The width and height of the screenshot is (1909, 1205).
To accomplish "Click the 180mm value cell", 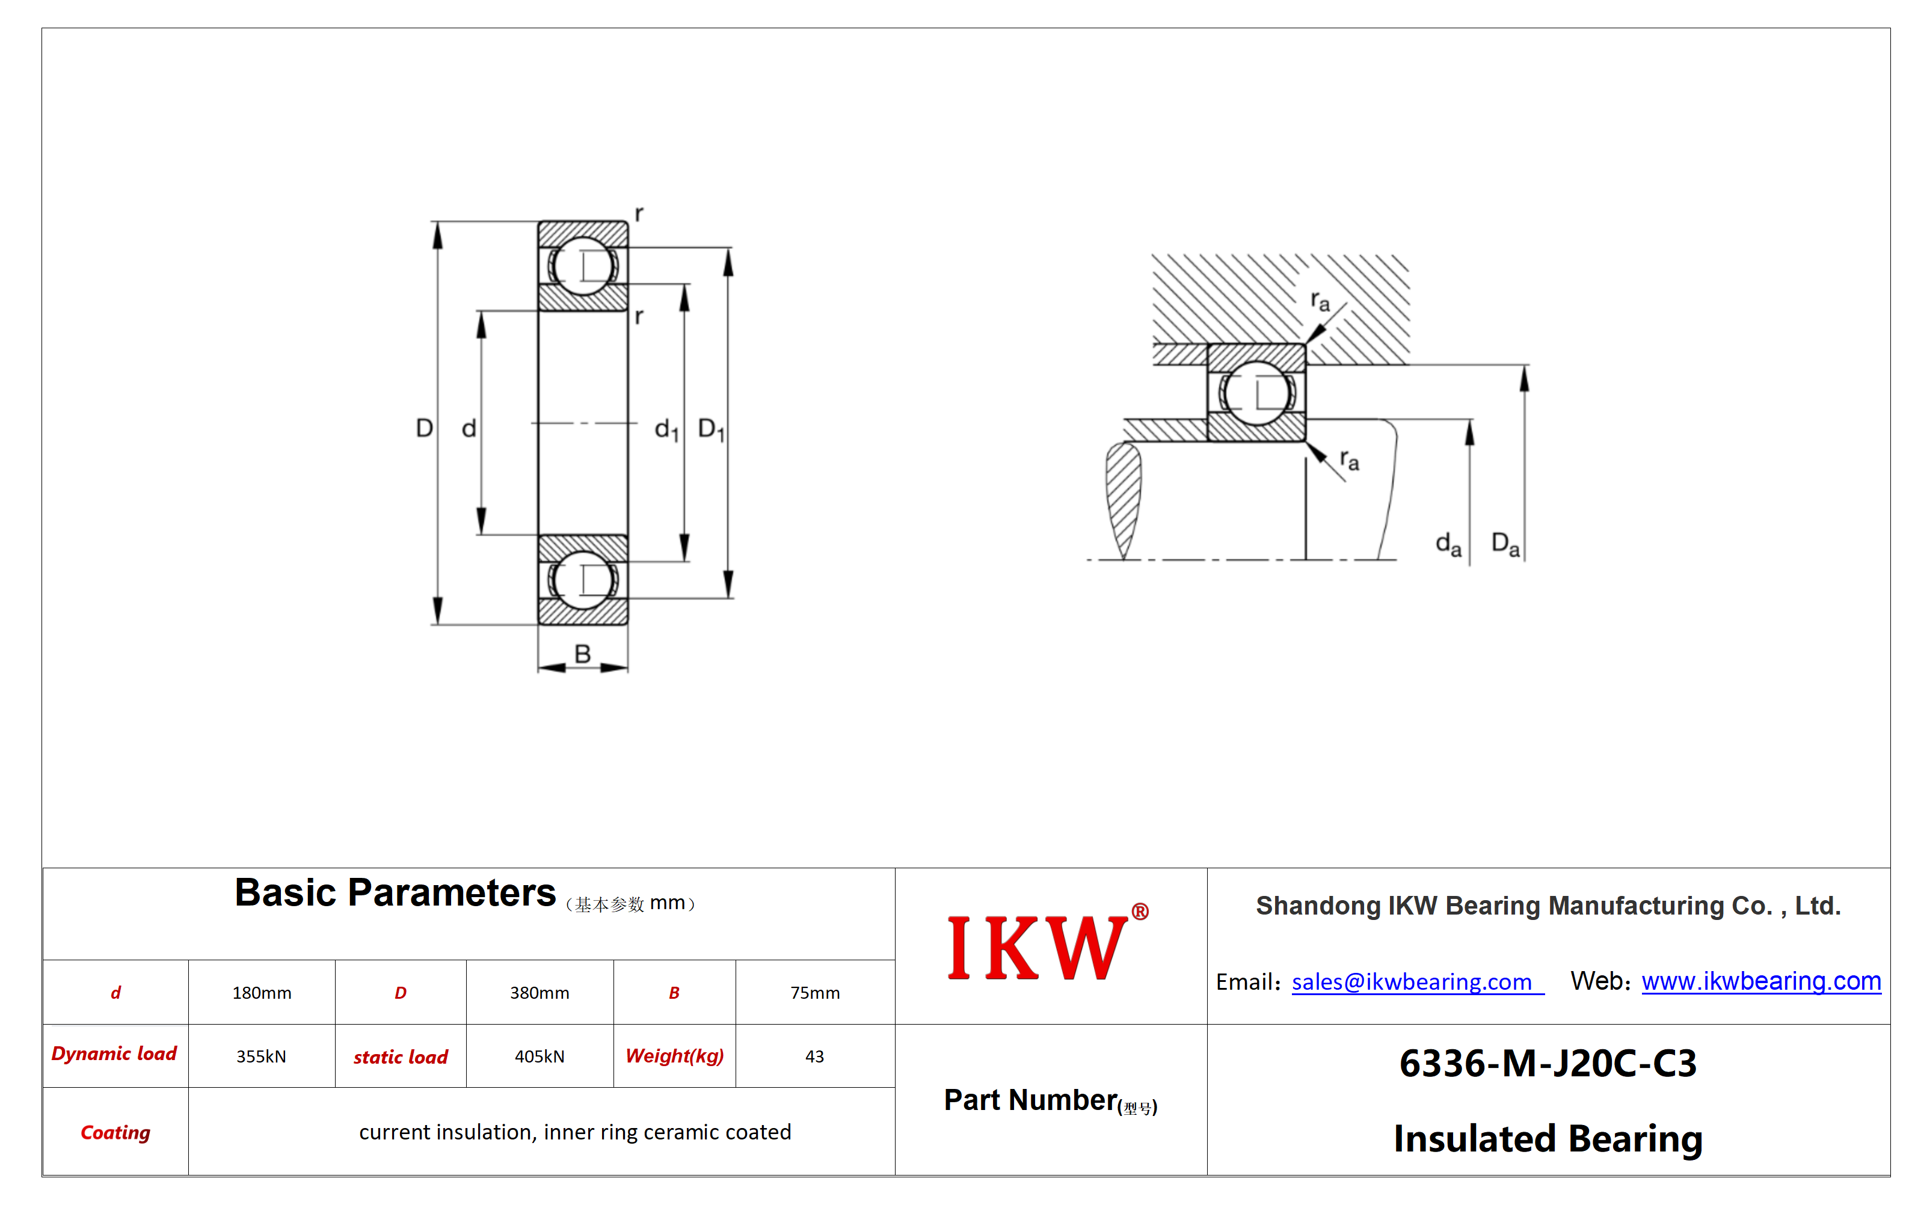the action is tap(262, 993).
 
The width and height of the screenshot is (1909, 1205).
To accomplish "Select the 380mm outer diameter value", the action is tap(539, 993).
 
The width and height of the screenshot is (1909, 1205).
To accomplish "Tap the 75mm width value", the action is tap(815, 993).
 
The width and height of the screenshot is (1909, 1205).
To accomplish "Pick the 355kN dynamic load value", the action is tap(261, 1056).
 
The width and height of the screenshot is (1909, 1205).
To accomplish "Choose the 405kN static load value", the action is tap(539, 1056).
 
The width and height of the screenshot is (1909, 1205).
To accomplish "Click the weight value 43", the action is tap(814, 1056).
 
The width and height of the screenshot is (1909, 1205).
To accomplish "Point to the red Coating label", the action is tap(115, 1132).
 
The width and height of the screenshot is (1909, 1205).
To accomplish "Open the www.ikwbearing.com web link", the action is tap(1761, 981).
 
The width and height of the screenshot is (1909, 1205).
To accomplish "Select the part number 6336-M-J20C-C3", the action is tap(1548, 1063).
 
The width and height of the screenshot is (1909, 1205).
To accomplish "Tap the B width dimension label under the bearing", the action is tap(583, 654).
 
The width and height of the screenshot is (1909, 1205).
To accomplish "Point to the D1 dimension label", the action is tap(711, 430).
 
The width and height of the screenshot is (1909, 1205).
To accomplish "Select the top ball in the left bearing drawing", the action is tap(583, 266).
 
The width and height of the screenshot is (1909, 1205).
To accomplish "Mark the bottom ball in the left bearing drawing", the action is tap(583, 580).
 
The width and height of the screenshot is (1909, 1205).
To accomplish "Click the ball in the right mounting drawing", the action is tap(1256, 393).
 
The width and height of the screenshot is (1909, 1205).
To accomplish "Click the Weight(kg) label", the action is tap(675, 1056).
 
